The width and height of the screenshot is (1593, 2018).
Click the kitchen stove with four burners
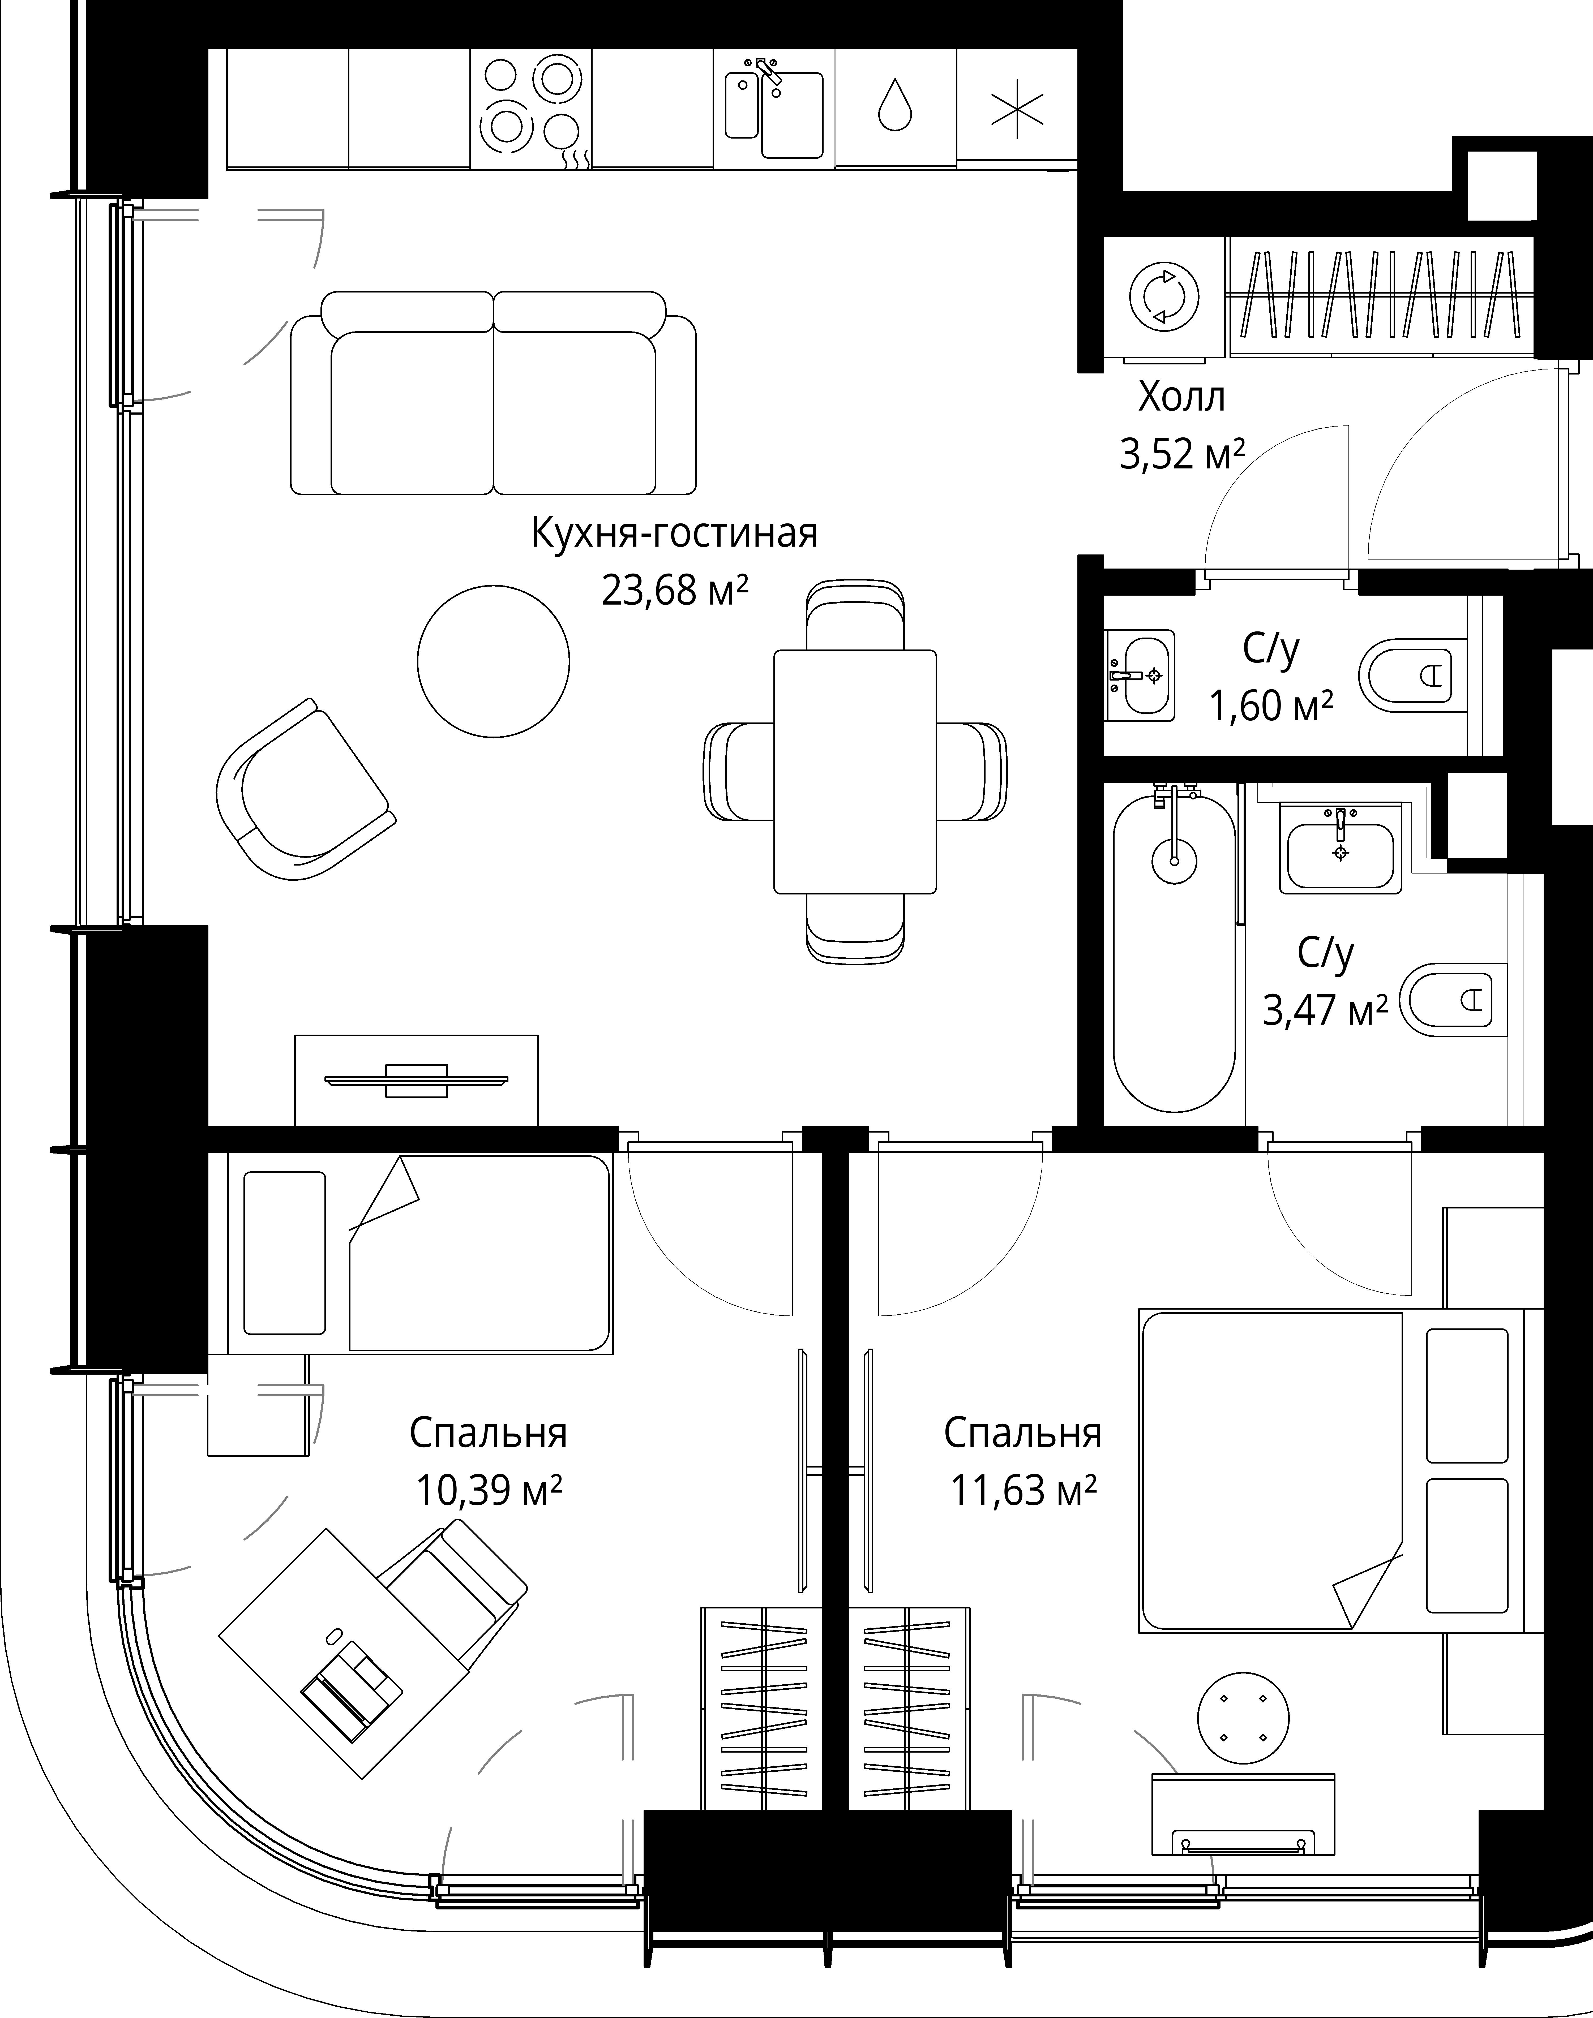click(x=531, y=109)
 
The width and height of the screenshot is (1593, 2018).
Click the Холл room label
click(x=1182, y=398)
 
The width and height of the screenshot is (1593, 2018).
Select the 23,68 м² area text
click(x=675, y=590)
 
